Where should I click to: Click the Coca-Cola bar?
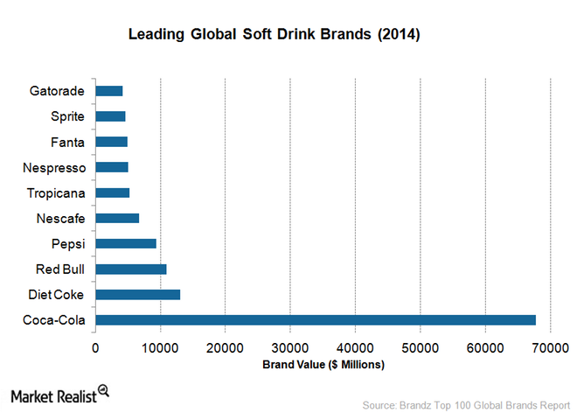click(315, 320)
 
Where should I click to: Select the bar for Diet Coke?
click(137, 295)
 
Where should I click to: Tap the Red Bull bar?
click(130, 269)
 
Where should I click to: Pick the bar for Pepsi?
click(126, 243)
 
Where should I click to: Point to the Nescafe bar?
click(117, 218)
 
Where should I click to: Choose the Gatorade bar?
click(109, 90)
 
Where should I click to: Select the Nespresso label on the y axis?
click(54, 167)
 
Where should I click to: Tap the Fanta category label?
click(67, 142)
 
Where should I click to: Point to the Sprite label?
click(66, 115)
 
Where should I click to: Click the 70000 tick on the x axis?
click(550, 347)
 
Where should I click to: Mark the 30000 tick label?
click(290, 347)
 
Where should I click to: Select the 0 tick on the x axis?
click(95, 347)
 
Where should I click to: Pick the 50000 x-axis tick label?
click(420, 347)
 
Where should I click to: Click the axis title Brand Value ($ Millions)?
click(323, 364)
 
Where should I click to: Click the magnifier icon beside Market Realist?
click(103, 390)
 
